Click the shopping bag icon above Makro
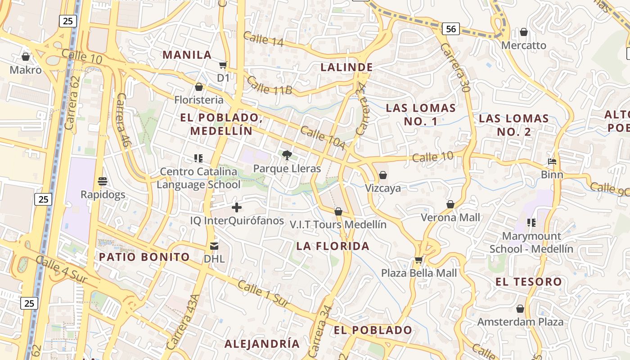26,57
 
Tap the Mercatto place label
523,45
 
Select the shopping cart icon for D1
223,65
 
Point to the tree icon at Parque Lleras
287,155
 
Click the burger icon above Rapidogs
103,181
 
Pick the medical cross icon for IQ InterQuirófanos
237,207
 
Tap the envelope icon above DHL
214,246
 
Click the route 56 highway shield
450,29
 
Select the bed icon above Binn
552,162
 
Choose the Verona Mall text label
450,217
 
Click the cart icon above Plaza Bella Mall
419,260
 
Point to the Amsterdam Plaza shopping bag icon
520,309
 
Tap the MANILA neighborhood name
187,55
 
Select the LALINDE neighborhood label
346,67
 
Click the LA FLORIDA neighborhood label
333,246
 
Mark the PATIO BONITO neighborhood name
144,257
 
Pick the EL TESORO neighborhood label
529,282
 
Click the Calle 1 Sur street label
263,294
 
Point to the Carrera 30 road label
455,67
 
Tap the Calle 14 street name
263,39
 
